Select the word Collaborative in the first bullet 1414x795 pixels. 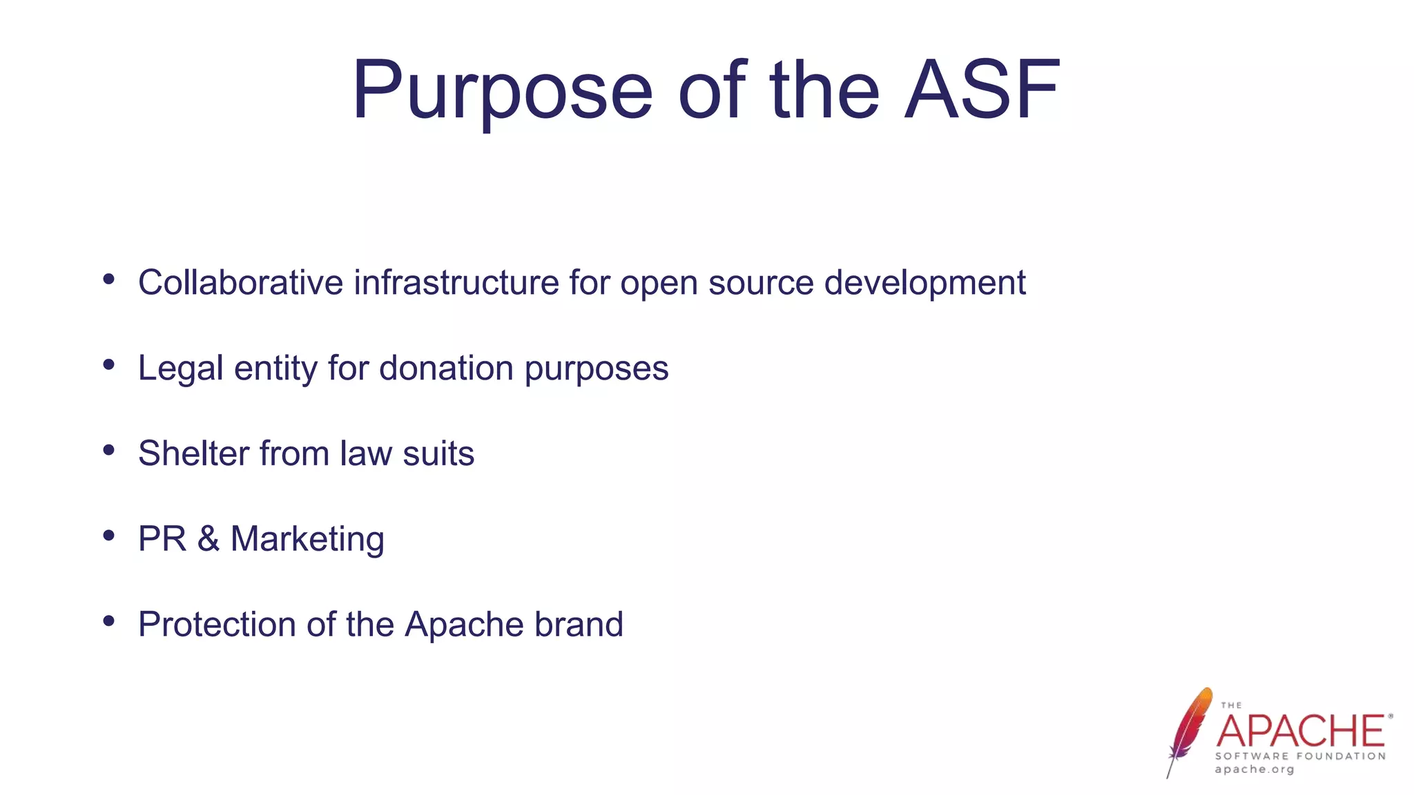(240, 282)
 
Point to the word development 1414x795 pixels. (924, 284)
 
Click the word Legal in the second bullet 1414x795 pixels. (180, 369)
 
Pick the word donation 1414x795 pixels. (446, 368)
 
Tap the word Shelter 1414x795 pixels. (194, 453)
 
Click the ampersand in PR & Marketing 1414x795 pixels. (209, 539)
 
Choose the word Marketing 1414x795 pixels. (307, 540)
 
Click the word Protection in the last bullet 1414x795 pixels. (217, 625)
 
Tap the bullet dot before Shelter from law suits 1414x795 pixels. (108, 451)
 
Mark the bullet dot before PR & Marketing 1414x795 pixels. (108, 536)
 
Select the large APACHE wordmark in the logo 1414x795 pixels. (1301, 732)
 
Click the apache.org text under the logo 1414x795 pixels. (1255, 769)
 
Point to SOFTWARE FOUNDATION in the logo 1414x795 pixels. (1301, 756)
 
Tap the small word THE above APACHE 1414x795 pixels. (1231, 705)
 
